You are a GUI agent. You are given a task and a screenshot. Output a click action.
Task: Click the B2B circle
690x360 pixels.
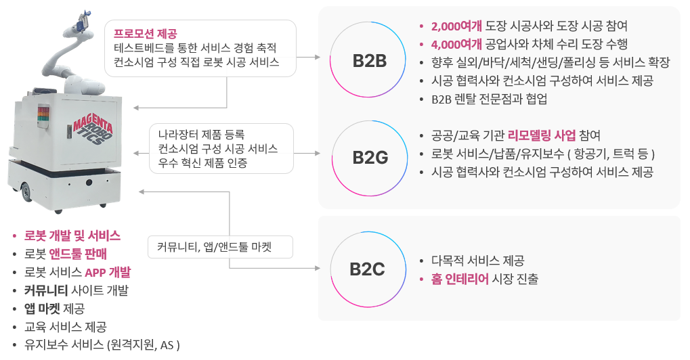tap(369, 61)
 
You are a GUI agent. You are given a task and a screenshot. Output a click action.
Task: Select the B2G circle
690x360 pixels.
tap(369, 158)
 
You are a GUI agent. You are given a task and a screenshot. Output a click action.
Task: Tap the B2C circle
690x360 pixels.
tap(367, 269)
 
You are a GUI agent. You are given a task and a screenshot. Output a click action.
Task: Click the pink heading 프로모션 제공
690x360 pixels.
tap(145, 34)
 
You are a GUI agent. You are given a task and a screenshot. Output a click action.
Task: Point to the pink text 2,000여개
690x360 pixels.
tap(456, 26)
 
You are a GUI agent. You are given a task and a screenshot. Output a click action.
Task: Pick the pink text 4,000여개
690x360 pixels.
tap(456, 45)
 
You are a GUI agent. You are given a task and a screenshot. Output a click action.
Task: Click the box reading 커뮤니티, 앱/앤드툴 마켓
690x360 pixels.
tap(219, 247)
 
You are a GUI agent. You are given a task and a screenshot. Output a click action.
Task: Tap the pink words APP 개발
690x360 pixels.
tap(108, 272)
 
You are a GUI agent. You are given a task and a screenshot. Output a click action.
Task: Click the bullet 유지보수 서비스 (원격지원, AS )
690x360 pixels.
tap(102, 344)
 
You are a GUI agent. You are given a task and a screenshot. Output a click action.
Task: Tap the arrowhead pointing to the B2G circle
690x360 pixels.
tap(317, 154)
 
